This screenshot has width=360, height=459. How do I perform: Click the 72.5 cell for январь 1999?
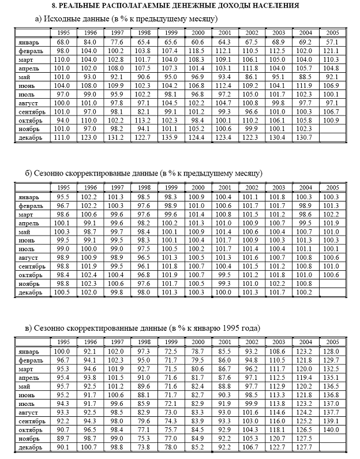171,351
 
